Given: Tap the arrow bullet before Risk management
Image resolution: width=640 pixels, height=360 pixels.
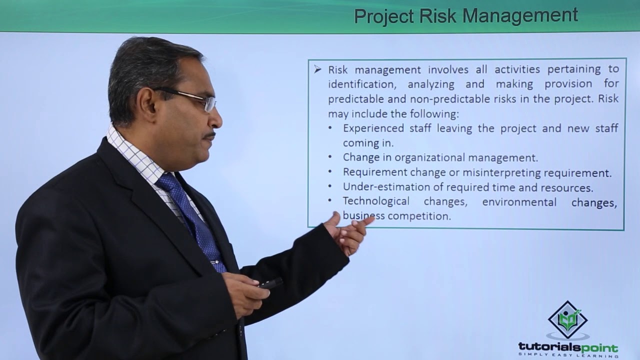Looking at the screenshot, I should [x=317, y=69].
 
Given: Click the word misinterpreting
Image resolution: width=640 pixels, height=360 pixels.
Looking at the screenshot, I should [x=503, y=173].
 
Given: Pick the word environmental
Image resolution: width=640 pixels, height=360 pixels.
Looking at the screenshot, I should [x=519, y=202].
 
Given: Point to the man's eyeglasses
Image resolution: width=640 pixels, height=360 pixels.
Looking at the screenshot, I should [x=195, y=98].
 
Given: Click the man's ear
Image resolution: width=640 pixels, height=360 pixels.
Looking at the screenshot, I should [x=148, y=106].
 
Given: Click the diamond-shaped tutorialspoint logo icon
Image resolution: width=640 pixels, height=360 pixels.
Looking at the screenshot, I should [x=567, y=320].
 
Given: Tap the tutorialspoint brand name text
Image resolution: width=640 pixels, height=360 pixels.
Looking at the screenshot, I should [x=567, y=347].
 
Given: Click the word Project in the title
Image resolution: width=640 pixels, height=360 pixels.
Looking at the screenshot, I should [x=383, y=15].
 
